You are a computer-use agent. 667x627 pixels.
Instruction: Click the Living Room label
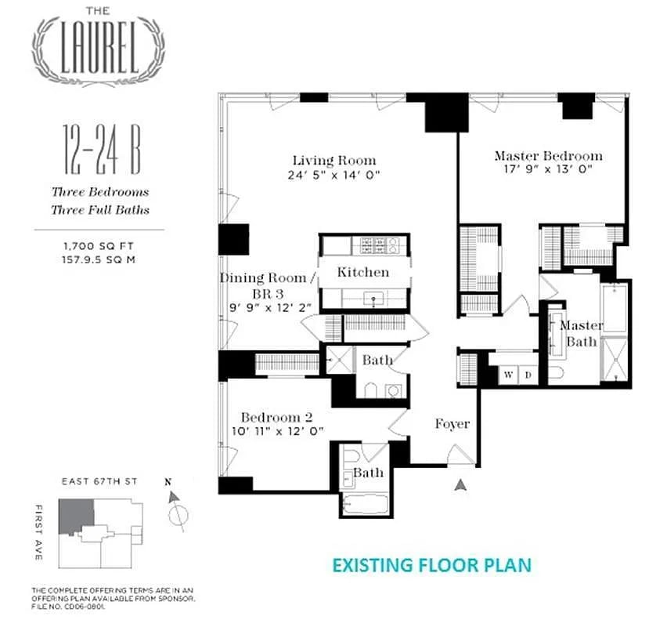(333, 161)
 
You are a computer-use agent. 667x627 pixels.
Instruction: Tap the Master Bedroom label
(548, 156)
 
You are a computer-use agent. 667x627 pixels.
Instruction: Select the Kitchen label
(362, 273)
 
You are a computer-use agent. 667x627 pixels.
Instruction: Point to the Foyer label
(452, 424)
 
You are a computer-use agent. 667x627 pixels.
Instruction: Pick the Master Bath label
(581, 333)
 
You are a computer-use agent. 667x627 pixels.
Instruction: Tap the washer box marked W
(508, 375)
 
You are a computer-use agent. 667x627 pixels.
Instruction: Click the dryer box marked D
(528, 375)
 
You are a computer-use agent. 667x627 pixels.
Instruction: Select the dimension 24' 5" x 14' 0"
(333, 176)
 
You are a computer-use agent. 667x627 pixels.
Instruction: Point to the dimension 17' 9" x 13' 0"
(548, 169)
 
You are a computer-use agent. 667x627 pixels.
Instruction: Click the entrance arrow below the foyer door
(462, 485)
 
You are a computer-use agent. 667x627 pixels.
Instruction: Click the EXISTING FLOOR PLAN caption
(431, 564)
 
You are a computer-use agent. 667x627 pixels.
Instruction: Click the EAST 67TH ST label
(99, 481)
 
